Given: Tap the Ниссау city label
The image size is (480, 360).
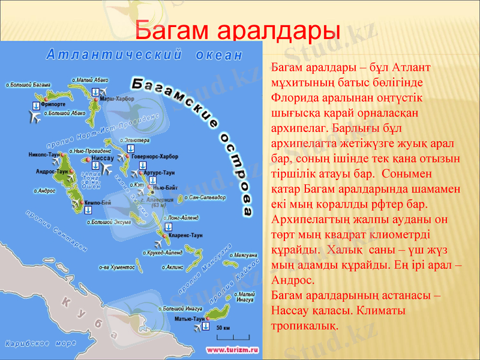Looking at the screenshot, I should point(103,158).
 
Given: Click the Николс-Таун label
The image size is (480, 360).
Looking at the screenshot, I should point(45,154).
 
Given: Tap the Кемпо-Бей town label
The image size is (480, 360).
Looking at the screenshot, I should point(98,202).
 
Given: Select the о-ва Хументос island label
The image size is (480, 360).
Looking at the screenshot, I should point(118,268).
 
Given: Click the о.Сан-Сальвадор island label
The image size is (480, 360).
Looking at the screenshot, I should point(205,197).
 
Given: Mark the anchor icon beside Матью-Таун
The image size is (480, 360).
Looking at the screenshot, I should point(206,327).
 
